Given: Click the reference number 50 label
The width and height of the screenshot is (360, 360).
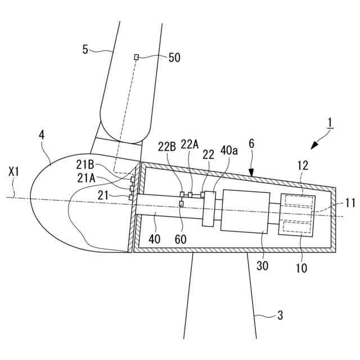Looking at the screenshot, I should (x=174, y=57).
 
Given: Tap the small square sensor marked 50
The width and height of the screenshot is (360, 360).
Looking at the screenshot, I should (x=136, y=57).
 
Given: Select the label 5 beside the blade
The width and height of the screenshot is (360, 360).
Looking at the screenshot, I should (x=85, y=49).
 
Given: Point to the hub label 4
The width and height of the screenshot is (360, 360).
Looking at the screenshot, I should (x=42, y=135).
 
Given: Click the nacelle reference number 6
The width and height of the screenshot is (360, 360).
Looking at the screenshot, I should (x=252, y=144).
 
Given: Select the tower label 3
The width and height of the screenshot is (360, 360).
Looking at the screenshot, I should (x=281, y=317).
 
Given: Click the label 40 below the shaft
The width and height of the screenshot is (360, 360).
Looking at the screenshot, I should (x=154, y=238).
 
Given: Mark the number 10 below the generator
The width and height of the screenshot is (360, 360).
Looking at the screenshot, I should (x=302, y=268).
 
